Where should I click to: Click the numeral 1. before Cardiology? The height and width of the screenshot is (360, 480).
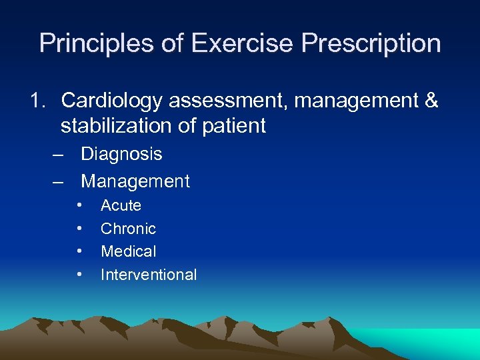pyautogui.click(x=38, y=101)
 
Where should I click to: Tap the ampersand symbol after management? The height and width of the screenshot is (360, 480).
pyautogui.click(x=431, y=101)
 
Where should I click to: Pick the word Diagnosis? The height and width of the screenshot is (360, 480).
pyautogui.click(x=121, y=155)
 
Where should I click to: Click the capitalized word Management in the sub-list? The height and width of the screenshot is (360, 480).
pyautogui.click(x=135, y=181)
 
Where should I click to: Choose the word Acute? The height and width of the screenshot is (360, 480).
pyautogui.click(x=121, y=206)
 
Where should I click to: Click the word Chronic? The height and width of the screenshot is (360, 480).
pyautogui.click(x=128, y=229)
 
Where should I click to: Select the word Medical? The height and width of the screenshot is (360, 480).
pyautogui.click(x=128, y=251)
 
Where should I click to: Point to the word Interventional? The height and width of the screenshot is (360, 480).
pyautogui.click(x=149, y=275)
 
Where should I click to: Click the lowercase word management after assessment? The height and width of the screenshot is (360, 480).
pyautogui.click(x=346, y=101)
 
